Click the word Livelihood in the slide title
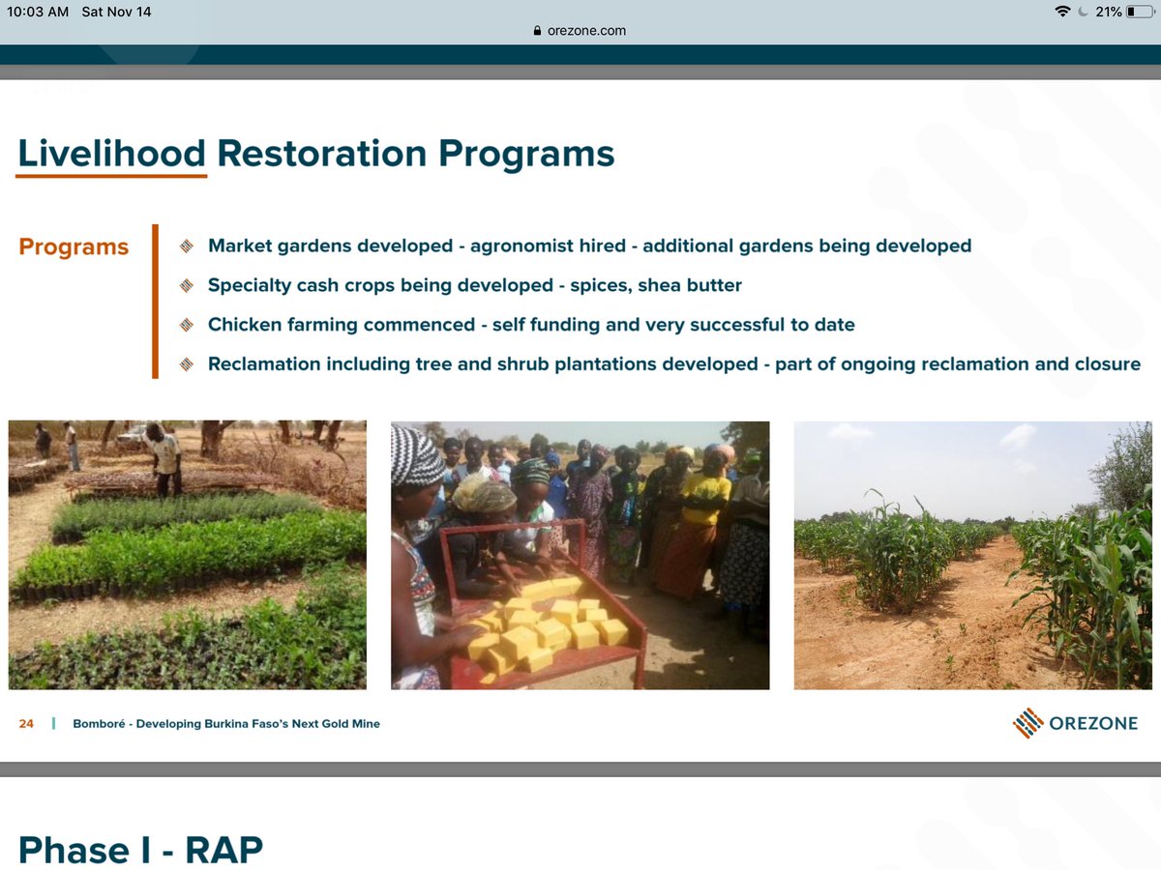point(111,154)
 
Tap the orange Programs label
point(74,246)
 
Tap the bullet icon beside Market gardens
point(187,246)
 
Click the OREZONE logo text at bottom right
point(1093,723)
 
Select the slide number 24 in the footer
point(26,723)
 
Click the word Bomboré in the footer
point(100,723)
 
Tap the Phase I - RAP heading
point(140,849)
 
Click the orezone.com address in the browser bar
point(586,30)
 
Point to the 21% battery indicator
point(1110,12)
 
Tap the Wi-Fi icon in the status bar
point(1064,12)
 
